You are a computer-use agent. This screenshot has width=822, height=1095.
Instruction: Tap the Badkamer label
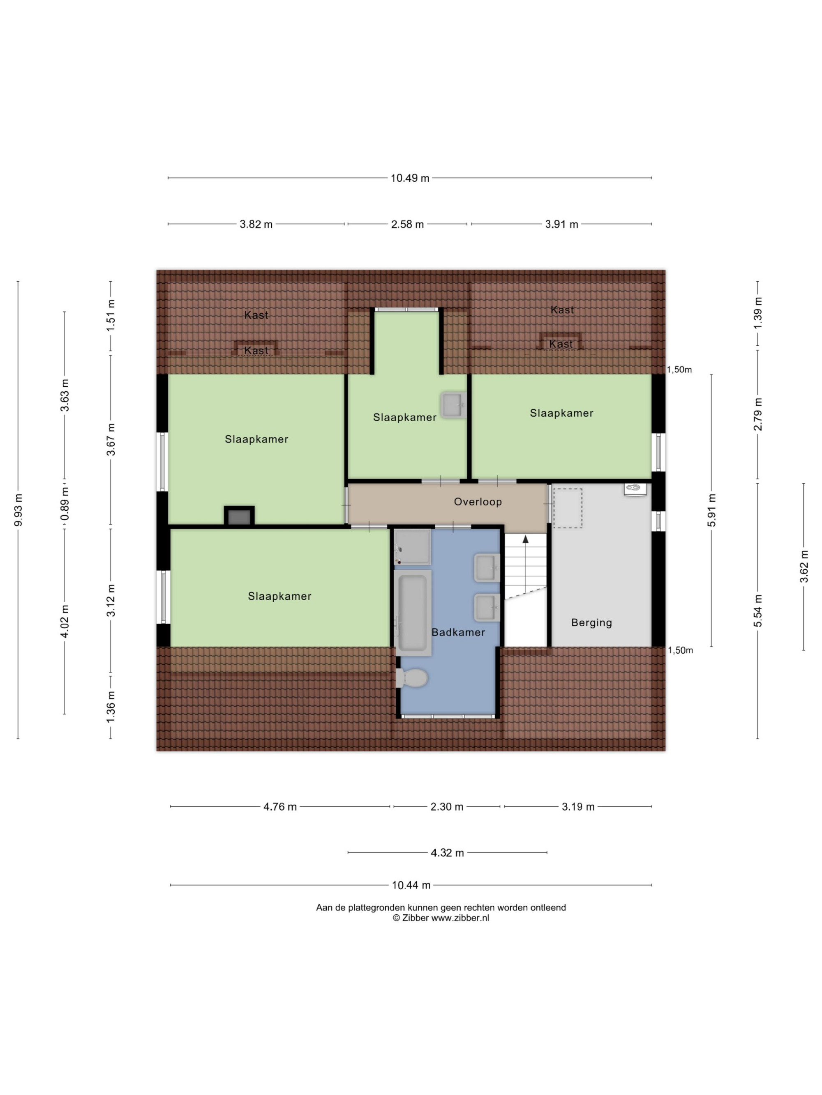click(x=458, y=632)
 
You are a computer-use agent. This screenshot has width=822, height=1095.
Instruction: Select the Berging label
click(x=591, y=623)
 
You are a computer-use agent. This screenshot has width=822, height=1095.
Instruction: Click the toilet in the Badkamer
click(x=412, y=678)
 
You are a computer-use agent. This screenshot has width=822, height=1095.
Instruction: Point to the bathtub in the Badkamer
click(x=413, y=613)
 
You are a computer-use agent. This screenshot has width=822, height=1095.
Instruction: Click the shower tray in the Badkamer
click(x=413, y=547)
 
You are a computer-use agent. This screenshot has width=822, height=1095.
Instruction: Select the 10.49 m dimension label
click(x=410, y=178)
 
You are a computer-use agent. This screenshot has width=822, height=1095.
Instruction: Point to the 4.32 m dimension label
click(x=448, y=852)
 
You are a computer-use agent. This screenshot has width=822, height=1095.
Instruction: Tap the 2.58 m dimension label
click(x=407, y=224)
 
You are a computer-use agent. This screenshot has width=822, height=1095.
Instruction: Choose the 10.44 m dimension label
click(x=411, y=885)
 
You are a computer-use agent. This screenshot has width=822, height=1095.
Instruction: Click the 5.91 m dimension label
click(x=711, y=510)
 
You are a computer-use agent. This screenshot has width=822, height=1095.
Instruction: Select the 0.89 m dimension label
click(x=65, y=504)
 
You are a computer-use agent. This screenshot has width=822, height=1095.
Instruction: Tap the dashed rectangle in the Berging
click(x=567, y=508)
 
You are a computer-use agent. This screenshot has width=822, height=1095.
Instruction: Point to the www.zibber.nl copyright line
click(x=441, y=918)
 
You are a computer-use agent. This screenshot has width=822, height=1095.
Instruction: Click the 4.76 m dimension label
click(x=280, y=807)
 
